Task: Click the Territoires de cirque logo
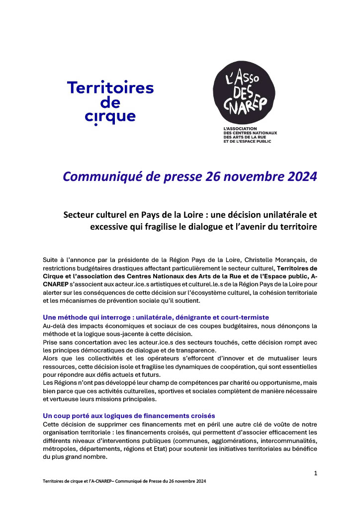[x=110, y=102]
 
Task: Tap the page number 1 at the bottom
[x=315, y=473]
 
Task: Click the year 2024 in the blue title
[x=297, y=176]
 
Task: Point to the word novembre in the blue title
[x=242, y=176]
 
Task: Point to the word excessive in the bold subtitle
[x=109, y=227]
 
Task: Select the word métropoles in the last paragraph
[x=60, y=449]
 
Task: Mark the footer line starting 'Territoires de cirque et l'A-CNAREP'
[x=124, y=482]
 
